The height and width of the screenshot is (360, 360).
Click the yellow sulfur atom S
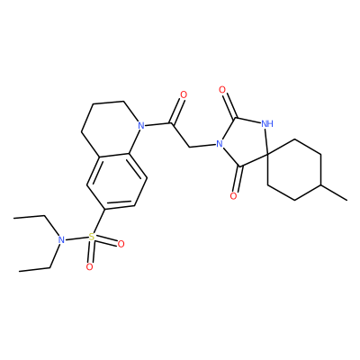[x=92, y=237]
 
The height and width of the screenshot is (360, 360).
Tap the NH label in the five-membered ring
[x=267, y=123]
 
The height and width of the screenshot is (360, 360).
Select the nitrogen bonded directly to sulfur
[x=61, y=239]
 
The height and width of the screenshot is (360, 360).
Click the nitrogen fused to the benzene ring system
[x=141, y=125]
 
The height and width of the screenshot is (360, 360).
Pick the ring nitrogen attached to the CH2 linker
[x=220, y=144]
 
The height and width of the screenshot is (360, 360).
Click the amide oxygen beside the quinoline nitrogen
[x=184, y=95]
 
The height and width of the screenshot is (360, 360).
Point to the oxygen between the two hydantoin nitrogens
[x=222, y=89]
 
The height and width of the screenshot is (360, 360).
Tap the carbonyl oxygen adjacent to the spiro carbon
[x=233, y=196]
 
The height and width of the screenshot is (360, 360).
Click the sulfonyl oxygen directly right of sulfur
[x=121, y=244]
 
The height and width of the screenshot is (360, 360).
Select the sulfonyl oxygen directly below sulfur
[x=89, y=266]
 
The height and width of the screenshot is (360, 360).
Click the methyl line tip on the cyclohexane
[x=347, y=200]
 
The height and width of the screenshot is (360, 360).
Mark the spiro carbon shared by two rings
[x=268, y=155]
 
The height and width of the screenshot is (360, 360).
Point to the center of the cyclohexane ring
[x=294, y=170]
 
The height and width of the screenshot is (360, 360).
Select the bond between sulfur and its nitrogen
[x=76, y=238]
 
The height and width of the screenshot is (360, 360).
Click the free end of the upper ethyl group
[x=13, y=219]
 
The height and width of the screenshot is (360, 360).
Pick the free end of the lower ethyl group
[x=19, y=272]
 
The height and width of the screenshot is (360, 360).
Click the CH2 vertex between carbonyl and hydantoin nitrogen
[x=190, y=147]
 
